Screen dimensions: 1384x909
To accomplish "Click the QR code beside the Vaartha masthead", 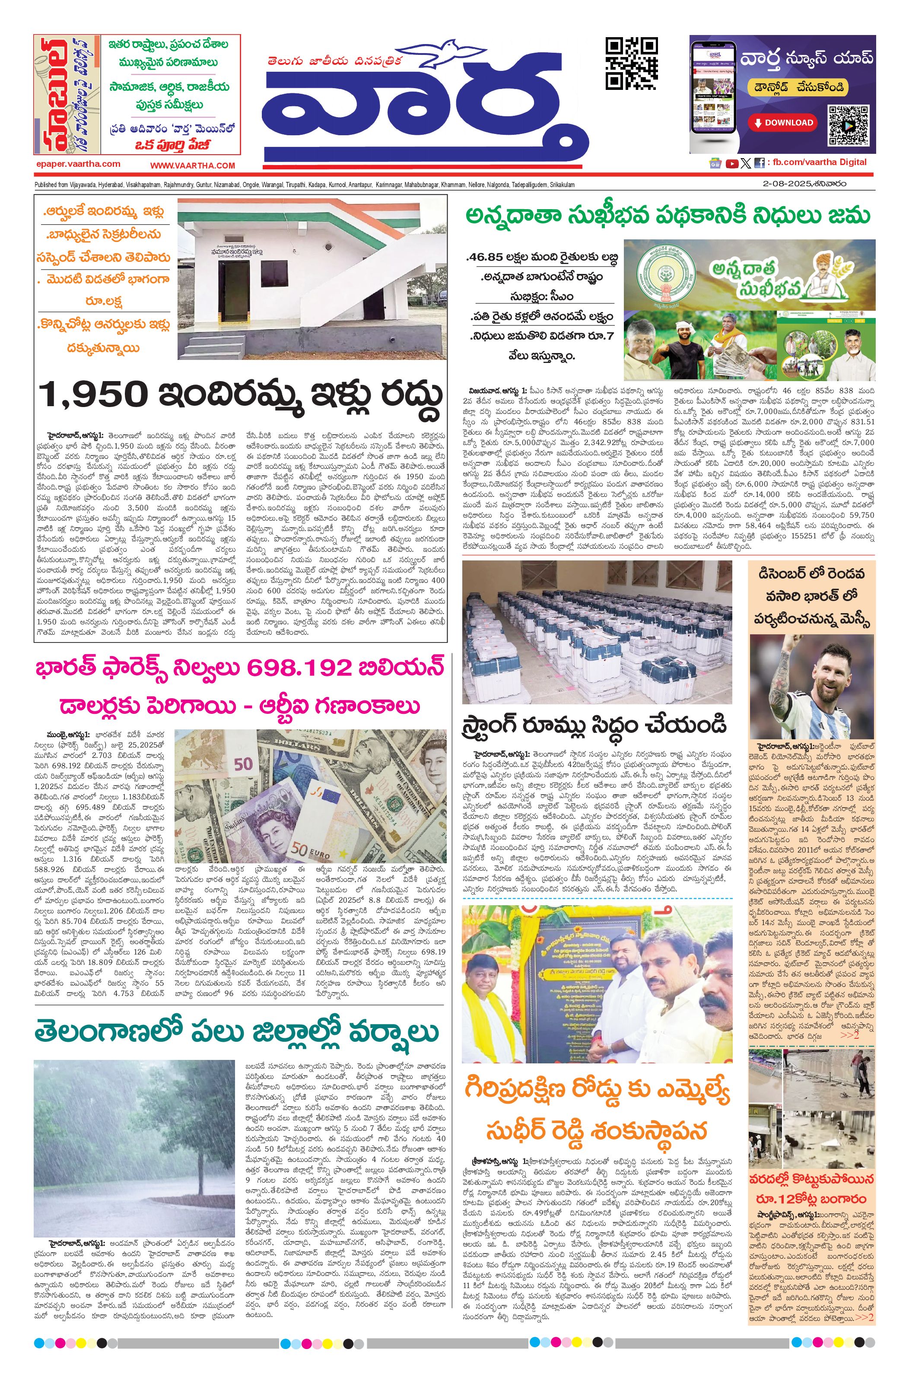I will pos(631,64).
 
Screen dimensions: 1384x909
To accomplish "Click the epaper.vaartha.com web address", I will pos(78,164).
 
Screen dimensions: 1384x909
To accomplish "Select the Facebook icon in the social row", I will pos(759,163).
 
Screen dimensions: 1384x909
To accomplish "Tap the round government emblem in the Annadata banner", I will pos(666,275).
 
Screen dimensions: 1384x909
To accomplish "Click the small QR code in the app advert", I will pos(849,125).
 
